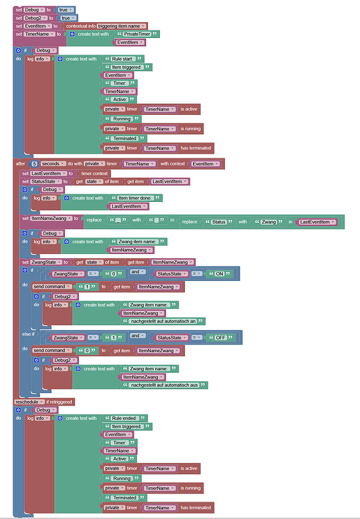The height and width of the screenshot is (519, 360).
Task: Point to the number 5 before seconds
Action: click(34, 164)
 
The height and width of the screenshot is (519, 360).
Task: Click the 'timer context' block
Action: click(93, 173)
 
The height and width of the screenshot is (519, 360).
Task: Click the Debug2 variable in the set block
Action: click(36, 17)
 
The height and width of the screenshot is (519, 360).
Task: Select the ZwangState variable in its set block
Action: click(46, 262)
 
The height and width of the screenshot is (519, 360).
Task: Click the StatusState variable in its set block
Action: click(45, 181)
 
